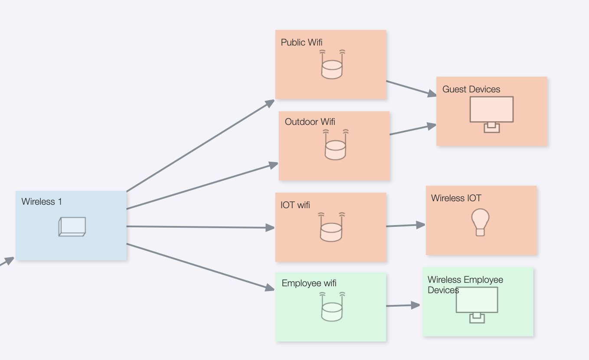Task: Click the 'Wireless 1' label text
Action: point(42,202)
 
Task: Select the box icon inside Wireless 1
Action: point(72,227)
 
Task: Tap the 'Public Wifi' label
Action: point(301,43)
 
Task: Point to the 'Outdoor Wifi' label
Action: point(310,122)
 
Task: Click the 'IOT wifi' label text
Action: point(295,205)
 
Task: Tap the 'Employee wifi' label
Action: point(309,284)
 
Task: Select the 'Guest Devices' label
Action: point(471,89)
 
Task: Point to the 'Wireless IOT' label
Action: point(456,198)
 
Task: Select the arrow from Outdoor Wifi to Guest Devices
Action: point(412,130)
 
